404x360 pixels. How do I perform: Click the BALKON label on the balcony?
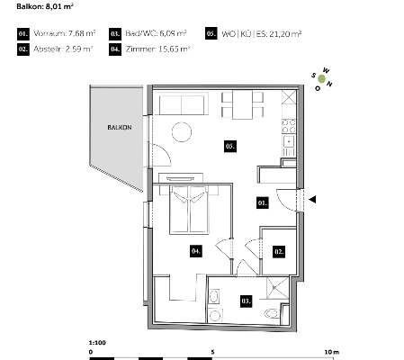pyautogui.click(x=120, y=128)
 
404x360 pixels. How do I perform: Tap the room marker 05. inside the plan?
pyautogui.click(x=230, y=146)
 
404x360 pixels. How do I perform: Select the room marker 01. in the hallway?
pyautogui.click(x=262, y=202)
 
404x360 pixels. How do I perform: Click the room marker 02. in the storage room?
pyautogui.click(x=279, y=252)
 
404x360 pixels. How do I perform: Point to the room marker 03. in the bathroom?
pyautogui.click(x=246, y=301)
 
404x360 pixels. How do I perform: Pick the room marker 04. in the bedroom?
pyautogui.click(x=195, y=251)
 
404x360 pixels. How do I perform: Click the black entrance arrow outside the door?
pyautogui.click(x=312, y=199)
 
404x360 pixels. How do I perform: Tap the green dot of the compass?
pyautogui.click(x=321, y=79)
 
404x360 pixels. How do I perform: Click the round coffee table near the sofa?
pyautogui.click(x=182, y=132)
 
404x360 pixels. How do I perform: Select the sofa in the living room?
pyautogui.click(x=182, y=104)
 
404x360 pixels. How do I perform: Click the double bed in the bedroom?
pyautogui.click(x=189, y=210)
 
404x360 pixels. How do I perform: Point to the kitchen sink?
pyautogui.click(x=289, y=141)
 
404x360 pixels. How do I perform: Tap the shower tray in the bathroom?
pyautogui.click(x=277, y=288)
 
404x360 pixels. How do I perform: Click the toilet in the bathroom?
pyautogui.click(x=273, y=314)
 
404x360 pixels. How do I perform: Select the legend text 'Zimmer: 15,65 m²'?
pyautogui.click(x=157, y=49)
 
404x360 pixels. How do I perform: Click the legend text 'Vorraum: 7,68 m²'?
pyautogui.click(x=65, y=33)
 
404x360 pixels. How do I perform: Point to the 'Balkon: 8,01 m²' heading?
pyautogui.click(x=45, y=6)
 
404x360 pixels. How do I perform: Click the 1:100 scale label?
pyautogui.click(x=97, y=343)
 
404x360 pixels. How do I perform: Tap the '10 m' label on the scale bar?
pyautogui.click(x=332, y=352)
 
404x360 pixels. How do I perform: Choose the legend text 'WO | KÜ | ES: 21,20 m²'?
pyautogui.click(x=261, y=34)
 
